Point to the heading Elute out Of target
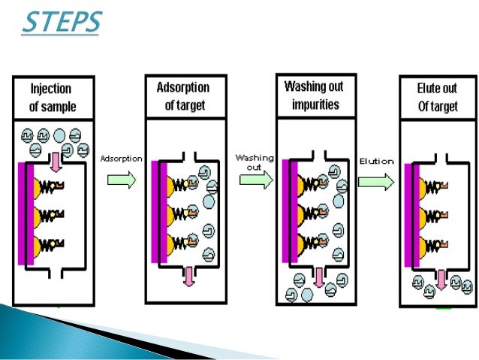pyautogui.click(x=438, y=98)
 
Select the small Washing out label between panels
pyautogui.click(x=255, y=162)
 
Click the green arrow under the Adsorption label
pyautogui.click(x=122, y=180)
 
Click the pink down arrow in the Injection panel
pyautogui.click(x=55, y=159)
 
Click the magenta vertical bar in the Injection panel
pyautogui.click(x=23, y=213)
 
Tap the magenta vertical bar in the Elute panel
pyautogui.click(x=408, y=215)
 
